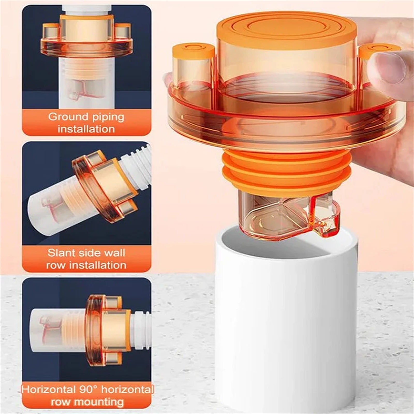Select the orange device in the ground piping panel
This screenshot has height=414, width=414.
[87, 39]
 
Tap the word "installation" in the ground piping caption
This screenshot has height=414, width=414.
[86, 129]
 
